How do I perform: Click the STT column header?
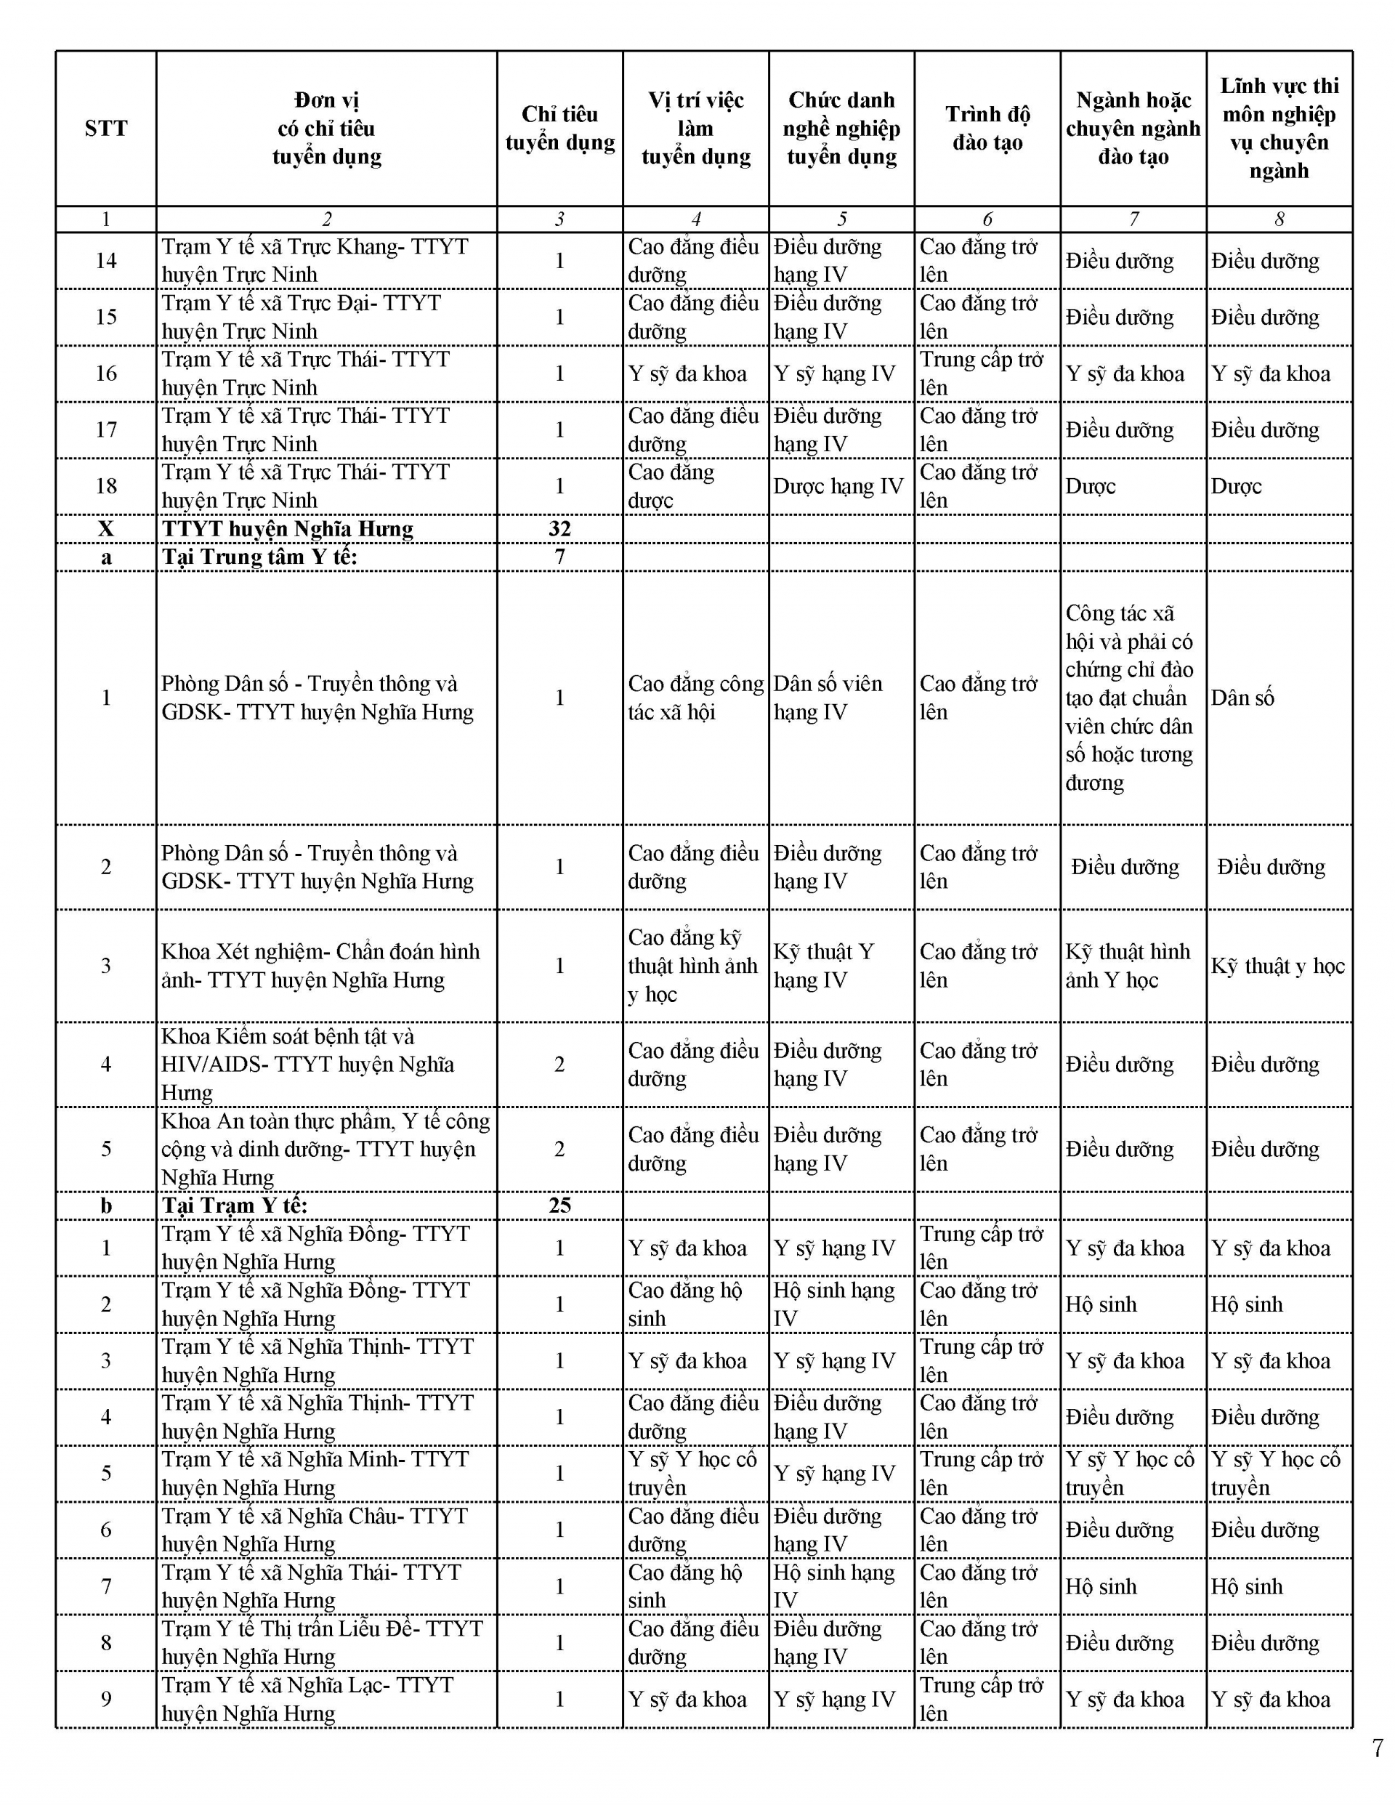(106, 128)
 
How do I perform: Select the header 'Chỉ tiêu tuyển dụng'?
(559, 128)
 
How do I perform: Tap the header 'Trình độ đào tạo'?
(987, 128)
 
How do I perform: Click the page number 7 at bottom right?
(1377, 1748)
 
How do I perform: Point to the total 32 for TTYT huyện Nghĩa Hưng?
(559, 529)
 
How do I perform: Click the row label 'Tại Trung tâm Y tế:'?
(259, 557)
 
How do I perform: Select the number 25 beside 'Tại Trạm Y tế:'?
(559, 1205)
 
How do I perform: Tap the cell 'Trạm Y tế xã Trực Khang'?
(315, 260)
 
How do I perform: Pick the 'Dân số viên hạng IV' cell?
(828, 698)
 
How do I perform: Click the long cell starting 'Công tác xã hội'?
(1129, 698)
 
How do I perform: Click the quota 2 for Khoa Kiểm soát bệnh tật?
(559, 1065)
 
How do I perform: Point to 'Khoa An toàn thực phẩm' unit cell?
(325, 1149)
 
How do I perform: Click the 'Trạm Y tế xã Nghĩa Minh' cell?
(315, 1474)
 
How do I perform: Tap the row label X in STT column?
(106, 529)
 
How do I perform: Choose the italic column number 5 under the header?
(841, 219)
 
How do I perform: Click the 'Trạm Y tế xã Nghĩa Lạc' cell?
(307, 1698)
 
